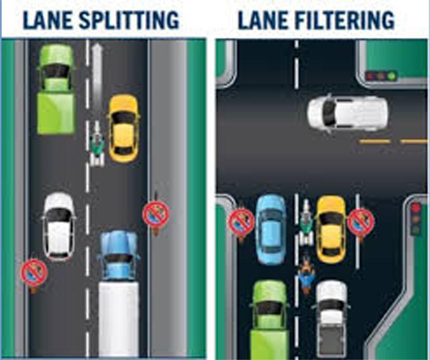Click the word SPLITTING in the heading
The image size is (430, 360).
pyautogui.click(x=129, y=20)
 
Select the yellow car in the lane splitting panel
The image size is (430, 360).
pyautogui.click(x=124, y=128)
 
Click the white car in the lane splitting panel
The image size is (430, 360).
pyautogui.click(x=59, y=226)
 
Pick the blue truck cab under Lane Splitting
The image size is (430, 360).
pyautogui.click(x=118, y=255)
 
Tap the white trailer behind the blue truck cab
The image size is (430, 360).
pyautogui.click(x=118, y=318)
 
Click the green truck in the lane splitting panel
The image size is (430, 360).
pyautogui.click(x=56, y=90)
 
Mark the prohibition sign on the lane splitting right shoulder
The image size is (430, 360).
pyautogui.click(x=156, y=214)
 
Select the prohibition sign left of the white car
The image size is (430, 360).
pyautogui.click(x=34, y=273)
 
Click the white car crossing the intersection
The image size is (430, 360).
pyautogui.click(x=347, y=113)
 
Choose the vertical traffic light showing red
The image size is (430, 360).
pyautogui.click(x=416, y=219)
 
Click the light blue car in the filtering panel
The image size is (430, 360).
pyautogui.click(x=271, y=230)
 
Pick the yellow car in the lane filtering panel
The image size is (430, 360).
pyautogui.click(x=331, y=229)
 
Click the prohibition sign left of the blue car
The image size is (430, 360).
pyautogui.click(x=241, y=221)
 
